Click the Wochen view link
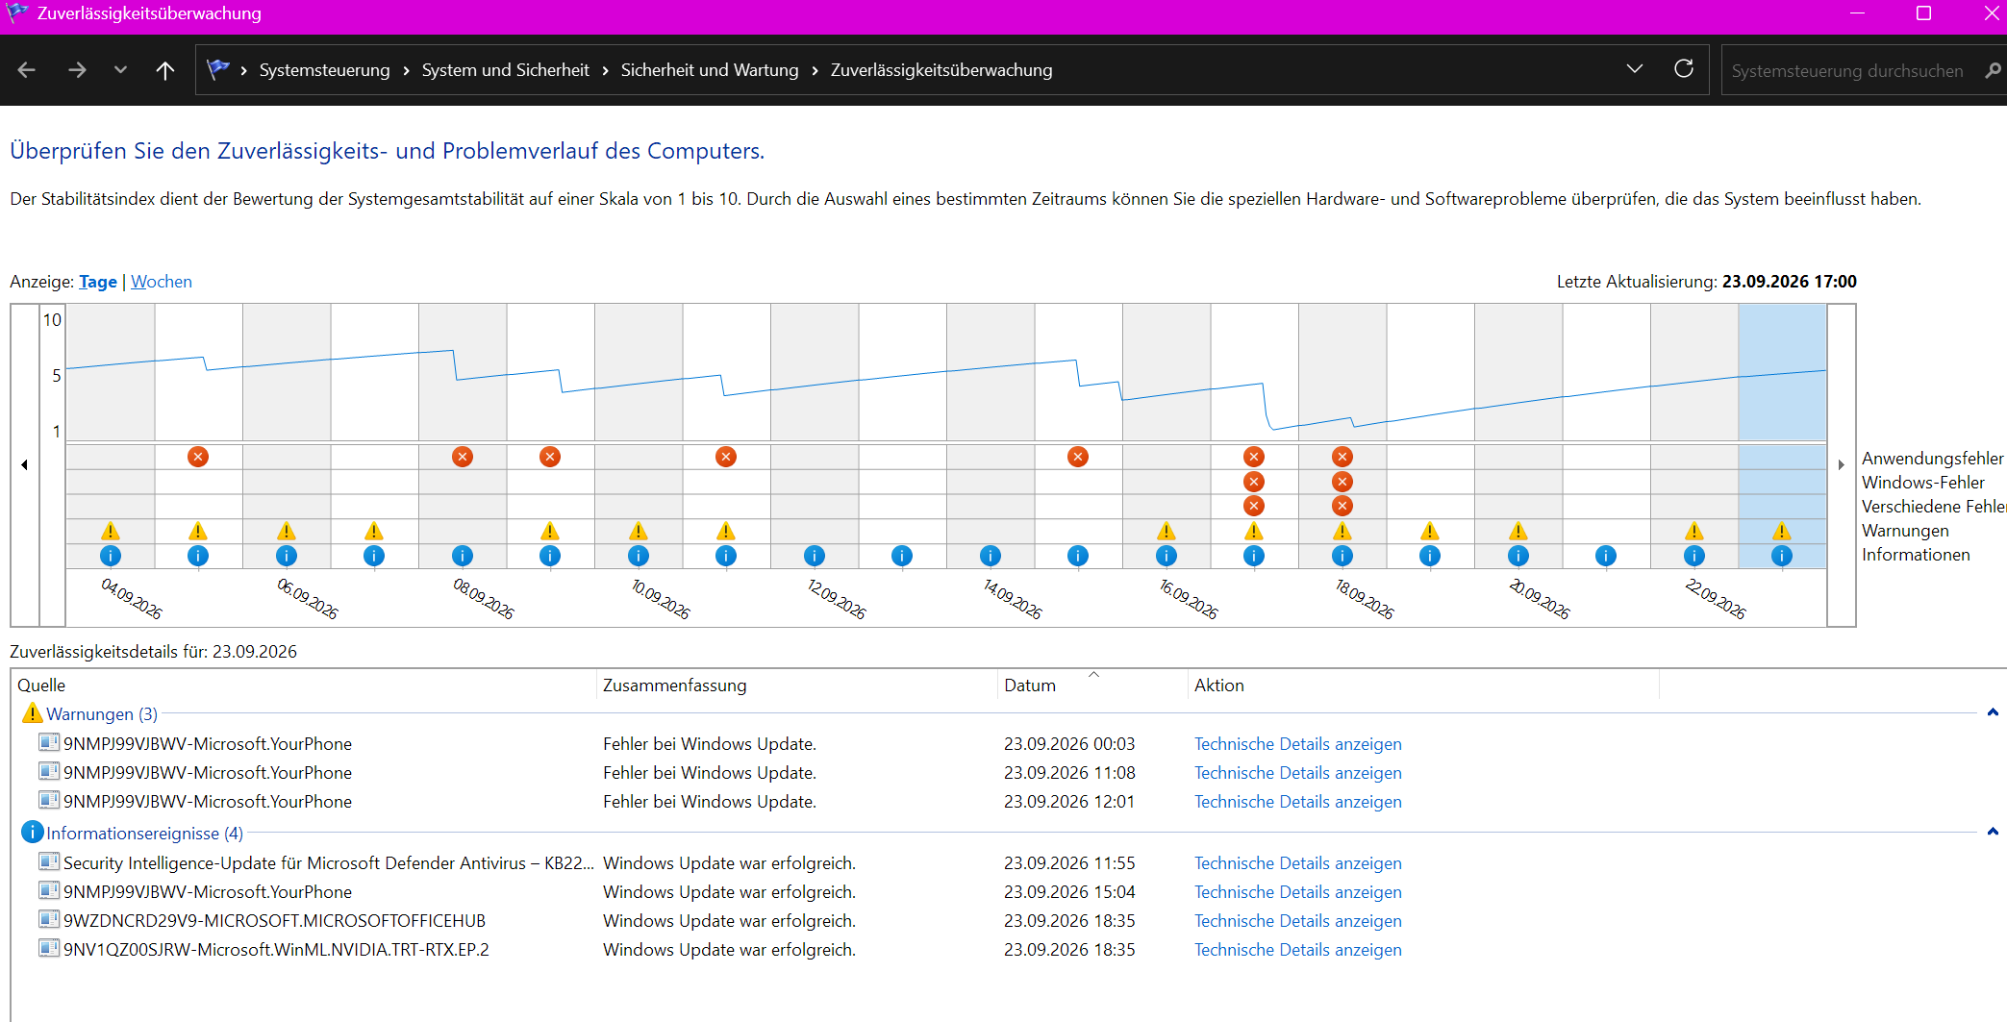click(x=162, y=282)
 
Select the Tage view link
click(x=98, y=282)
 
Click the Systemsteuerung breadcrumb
click(x=325, y=70)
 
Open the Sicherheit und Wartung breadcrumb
click(x=710, y=70)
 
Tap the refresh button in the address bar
click(x=1684, y=69)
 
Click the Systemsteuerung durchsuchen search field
click(x=1847, y=71)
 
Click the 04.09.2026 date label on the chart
click(x=132, y=598)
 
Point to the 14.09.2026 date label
click(x=1013, y=598)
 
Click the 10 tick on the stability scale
click(x=52, y=320)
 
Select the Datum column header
click(x=1030, y=685)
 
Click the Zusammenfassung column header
click(x=675, y=685)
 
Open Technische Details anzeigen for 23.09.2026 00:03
click(x=1298, y=744)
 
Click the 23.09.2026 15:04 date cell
click(x=1069, y=892)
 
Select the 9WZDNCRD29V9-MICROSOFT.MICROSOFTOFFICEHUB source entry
click(x=274, y=921)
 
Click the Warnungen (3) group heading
click(x=102, y=714)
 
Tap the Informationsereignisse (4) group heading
click(x=145, y=834)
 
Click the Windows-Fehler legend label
click(x=1923, y=483)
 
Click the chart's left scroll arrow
click(x=24, y=465)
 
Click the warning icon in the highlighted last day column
click(x=1782, y=531)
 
